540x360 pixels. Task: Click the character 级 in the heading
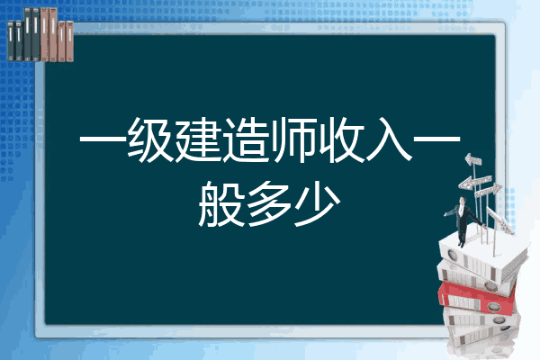[150, 140]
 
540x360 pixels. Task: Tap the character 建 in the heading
[198, 140]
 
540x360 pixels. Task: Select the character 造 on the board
[246, 140]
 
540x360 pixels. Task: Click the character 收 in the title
[341, 140]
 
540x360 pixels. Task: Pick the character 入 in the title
[389, 140]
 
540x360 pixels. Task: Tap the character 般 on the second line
[221, 204]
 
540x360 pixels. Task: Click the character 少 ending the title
[317, 204]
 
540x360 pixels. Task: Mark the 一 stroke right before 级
[103, 140]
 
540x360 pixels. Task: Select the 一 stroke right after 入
[436, 140]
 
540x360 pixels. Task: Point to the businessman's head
[463, 200]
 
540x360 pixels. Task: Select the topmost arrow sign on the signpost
[473, 159]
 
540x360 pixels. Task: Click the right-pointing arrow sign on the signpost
[489, 190]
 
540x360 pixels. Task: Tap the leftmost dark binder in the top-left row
[11, 40]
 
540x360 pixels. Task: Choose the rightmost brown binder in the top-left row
[70, 41]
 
